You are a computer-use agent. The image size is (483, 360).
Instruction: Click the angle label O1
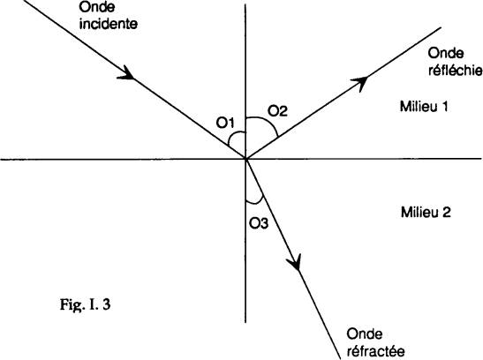coord(225,123)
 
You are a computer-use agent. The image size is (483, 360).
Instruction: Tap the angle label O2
coord(277,111)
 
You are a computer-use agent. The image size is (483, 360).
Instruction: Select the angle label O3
coord(259,223)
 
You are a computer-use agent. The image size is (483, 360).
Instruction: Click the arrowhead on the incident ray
coord(126,73)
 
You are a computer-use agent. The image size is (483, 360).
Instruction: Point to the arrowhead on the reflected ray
coord(359,82)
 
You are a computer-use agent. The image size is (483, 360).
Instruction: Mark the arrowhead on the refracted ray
coord(294,262)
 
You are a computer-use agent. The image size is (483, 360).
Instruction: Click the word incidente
coord(108,24)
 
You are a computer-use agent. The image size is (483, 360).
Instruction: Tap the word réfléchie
coord(456,71)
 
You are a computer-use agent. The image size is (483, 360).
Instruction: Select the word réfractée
coord(375,351)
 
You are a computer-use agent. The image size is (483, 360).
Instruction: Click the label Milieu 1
coord(424,107)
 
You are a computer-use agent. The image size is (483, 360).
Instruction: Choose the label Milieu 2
coord(426,213)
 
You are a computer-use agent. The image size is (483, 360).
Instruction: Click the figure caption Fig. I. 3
coord(85,305)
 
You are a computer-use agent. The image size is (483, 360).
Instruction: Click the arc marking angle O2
coord(266,121)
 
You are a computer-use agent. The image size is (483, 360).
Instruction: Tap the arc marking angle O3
coord(255,203)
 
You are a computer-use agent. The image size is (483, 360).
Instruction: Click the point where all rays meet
coord(245,159)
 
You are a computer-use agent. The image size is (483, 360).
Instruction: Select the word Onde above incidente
coord(97,7)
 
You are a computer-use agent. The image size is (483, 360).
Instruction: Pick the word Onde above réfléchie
coord(446,54)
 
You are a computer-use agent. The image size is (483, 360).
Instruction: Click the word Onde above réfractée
coord(365,334)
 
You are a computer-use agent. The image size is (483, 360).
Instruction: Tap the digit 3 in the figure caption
coord(107,304)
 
